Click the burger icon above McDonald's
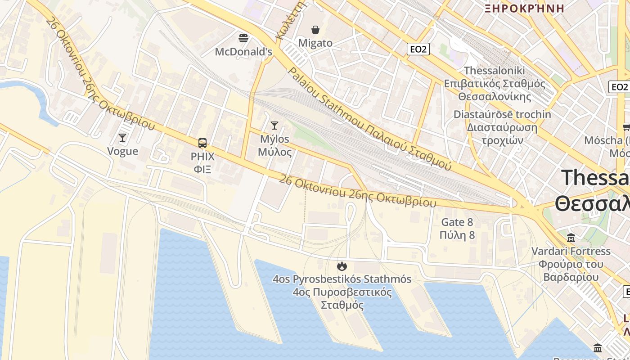pyautogui.click(x=243, y=38)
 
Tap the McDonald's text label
pyautogui.click(x=243, y=52)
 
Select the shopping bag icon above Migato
pyautogui.click(x=315, y=30)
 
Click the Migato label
pyautogui.click(x=315, y=43)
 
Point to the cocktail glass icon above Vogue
pyautogui.click(x=122, y=137)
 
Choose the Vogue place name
pyautogui.click(x=122, y=151)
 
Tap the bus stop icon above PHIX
pyautogui.click(x=202, y=143)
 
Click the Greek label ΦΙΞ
pyautogui.click(x=202, y=170)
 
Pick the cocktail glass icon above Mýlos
pyautogui.click(x=274, y=125)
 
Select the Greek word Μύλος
pyautogui.click(x=274, y=152)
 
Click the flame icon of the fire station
pyautogui.click(x=342, y=266)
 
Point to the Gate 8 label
pyautogui.click(x=457, y=222)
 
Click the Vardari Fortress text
pyautogui.click(x=571, y=251)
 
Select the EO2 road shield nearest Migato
pyautogui.click(x=418, y=49)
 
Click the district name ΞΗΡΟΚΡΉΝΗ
pyautogui.click(x=524, y=8)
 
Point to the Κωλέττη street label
pyautogui.click(x=291, y=20)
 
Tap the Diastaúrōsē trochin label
pyautogui.click(x=502, y=114)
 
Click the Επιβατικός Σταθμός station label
pyautogui.click(x=495, y=84)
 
